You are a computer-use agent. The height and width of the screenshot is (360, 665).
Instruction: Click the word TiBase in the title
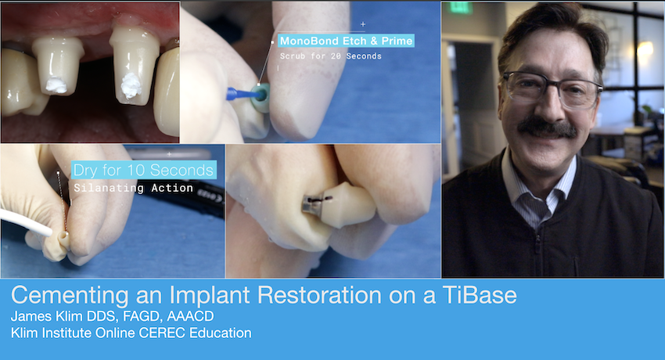pyautogui.click(x=480, y=295)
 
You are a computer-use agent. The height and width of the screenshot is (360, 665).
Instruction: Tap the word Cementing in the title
pyautogui.click(x=70, y=296)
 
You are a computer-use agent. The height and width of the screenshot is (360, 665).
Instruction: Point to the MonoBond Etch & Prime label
pyautogui.click(x=346, y=41)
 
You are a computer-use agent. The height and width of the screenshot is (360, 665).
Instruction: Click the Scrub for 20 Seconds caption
pyautogui.click(x=331, y=56)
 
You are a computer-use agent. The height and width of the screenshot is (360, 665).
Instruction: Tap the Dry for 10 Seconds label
pyautogui.click(x=143, y=170)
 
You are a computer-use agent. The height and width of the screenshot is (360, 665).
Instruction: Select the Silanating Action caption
pyautogui.click(x=134, y=188)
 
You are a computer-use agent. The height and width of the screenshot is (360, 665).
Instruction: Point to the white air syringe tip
pyautogui.click(x=26, y=221)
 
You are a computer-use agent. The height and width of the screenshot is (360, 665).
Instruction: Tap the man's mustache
pyautogui.click(x=547, y=128)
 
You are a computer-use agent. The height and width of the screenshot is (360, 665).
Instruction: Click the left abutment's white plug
pyautogui.click(x=56, y=85)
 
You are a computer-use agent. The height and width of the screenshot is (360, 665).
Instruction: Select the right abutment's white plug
pyautogui.click(x=131, y=85)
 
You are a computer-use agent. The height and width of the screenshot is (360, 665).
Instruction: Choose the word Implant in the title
pyautogui.click(x=209, y=296)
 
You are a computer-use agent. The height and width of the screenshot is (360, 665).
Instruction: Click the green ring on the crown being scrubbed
pyautogui.click(x=261, y=97)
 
